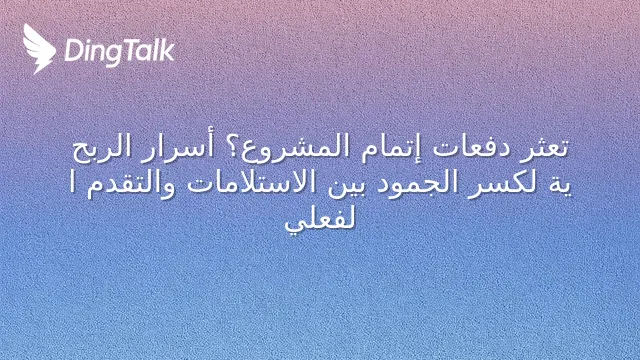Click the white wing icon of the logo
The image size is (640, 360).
point(38,49)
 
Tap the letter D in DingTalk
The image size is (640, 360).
point(73,50)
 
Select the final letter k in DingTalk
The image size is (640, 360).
point(167,49)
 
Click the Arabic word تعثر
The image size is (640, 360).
point(546,147)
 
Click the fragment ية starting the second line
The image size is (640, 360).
point(561,185)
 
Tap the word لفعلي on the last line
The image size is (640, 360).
point(320,220)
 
